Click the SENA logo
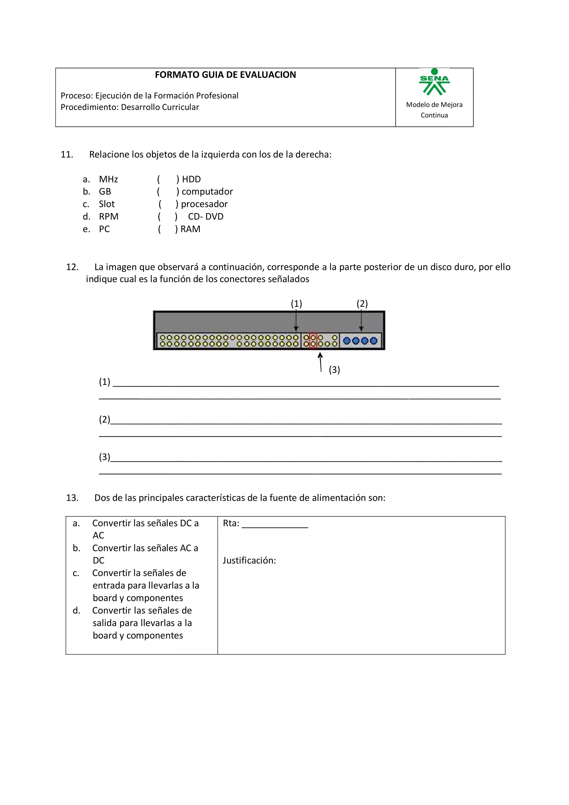pyautogui.click(x=434, y=82)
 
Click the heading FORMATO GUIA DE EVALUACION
pyautogui.click(x=225, y=75)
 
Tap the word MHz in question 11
pyautogui.click(x=108, y=179)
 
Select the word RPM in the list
pyautogui.click(x=109, y=217)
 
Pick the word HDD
pyautogui.click(x=191, y=179)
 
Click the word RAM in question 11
pyautogui.click(x=190, y=229)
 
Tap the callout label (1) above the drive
pyautogui.click(x=296, y=304)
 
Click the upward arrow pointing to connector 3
pyautogui.click(x=320, y=362)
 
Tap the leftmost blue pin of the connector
pyautogui.click(x=347, y=341)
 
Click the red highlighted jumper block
pyautogui.click(x=313, y=341)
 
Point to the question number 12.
pyautogui.click(x=72, y=267)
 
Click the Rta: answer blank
pyautogui.click(x=274, y=524)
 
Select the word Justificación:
pyautogui.click(x=249, y=560)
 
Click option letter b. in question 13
pyautogui.click(x=76, y=548)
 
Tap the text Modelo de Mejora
pyautogui.click(x=434, y=105)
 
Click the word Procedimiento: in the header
pyautogui.click(x=89, y=107)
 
